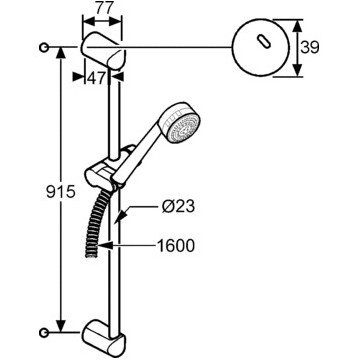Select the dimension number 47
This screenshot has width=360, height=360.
pos(97,78)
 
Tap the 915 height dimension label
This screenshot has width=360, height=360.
pos(61,192)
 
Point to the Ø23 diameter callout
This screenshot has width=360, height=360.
pos(178,207)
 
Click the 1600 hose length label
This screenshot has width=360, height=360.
pos(176,246)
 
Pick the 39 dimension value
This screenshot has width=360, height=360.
pos(310,47)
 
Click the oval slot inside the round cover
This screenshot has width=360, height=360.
pos(263,42)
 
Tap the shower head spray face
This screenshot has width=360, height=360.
pos(184,128)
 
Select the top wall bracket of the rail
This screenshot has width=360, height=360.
pos(103,51)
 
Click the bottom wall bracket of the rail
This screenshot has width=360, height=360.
pos(104,337)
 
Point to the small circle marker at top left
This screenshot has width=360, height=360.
pos(44,47)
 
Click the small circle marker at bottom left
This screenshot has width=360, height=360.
pos(44,332)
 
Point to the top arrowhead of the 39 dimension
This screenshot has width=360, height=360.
pos(297,26)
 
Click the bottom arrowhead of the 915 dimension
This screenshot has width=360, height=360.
pos(61,326)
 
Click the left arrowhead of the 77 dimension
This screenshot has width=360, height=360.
pos(89,21)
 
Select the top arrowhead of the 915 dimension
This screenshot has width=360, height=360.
pos(61,54)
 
